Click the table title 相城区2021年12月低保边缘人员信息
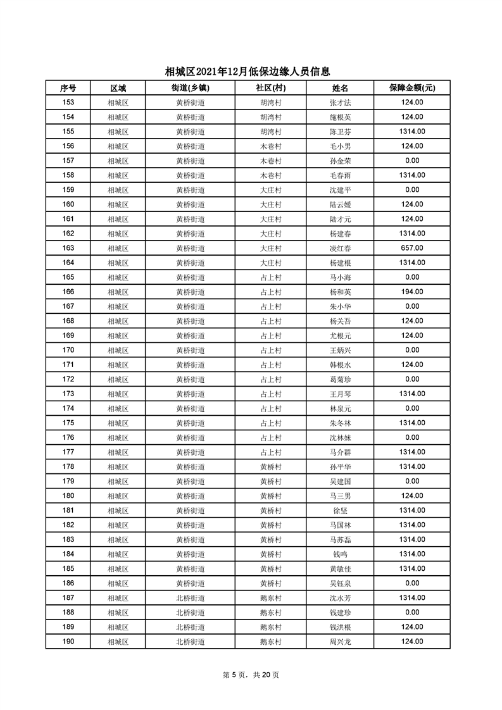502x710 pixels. (248, 72)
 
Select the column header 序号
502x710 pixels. (68, 88)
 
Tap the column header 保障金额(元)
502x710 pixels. (411, 88)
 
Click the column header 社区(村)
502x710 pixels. (270, 88)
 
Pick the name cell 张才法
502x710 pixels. (340, 103)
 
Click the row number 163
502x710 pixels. (68, 248)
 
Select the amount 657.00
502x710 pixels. (411, 248)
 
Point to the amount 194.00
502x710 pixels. (411, 292)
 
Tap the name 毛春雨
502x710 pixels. (340, 175)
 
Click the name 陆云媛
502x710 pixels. (340, 204)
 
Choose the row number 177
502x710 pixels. (68, 452)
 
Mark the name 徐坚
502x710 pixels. (340, 510)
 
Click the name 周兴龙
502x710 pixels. (340, 641)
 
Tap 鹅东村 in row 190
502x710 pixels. (270, 641)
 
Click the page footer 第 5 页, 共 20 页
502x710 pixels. (251, 675)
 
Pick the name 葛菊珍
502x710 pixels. (340, 379)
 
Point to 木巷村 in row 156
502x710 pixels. (270, 146)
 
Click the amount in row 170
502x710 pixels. (411, 350)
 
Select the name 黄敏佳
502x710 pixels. (340, 568)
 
